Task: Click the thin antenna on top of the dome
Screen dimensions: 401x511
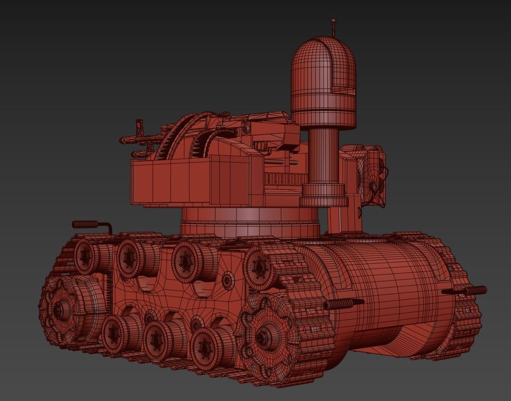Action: point(333,27)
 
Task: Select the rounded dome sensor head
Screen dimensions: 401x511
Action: point(323,82)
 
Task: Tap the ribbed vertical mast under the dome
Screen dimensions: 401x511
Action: point(323,155)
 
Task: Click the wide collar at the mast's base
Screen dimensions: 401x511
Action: point(324,195)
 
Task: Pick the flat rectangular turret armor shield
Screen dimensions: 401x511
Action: point(190,181)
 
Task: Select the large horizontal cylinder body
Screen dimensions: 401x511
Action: point(388,298)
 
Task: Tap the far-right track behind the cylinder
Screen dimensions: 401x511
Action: point(466,319)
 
